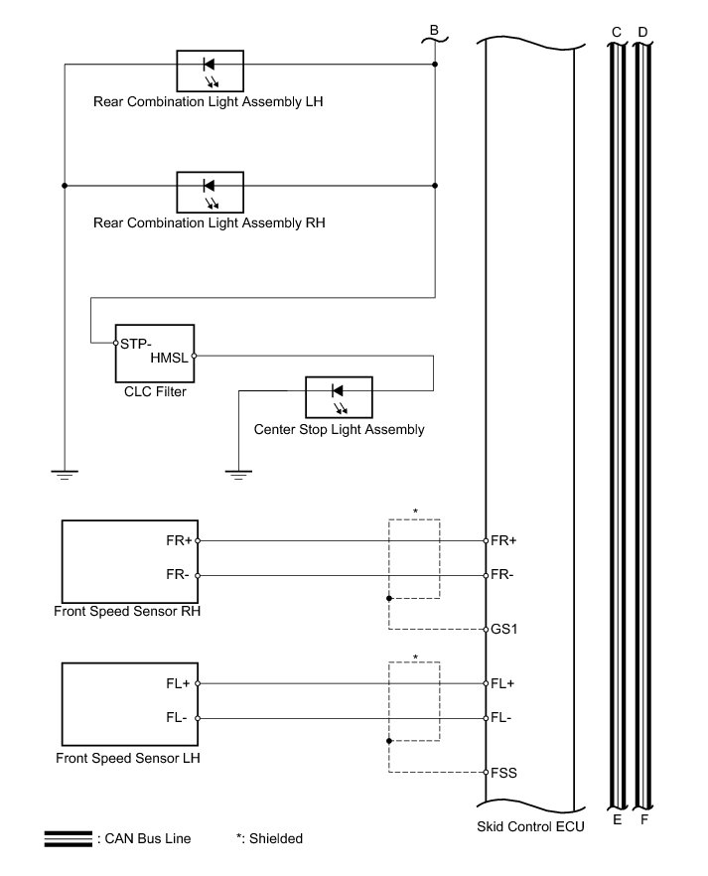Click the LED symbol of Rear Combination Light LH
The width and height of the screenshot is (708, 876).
[210, 67]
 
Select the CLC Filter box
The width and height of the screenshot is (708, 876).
[154, 353]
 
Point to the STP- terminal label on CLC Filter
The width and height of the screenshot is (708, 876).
[136, 344]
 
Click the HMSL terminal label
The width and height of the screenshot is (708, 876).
[170, 358]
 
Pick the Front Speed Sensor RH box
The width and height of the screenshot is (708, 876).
[129, 558]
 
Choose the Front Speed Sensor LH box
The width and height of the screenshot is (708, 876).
[129, 701]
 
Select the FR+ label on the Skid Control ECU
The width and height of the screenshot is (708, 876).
[505, 541]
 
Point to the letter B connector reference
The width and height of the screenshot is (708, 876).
[433, 30]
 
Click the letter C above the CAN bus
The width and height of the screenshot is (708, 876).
[617, 32]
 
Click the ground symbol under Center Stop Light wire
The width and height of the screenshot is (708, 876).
[237, 474]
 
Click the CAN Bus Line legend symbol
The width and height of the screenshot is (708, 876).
[69, 839]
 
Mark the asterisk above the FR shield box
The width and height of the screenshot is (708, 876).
[415, 511]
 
